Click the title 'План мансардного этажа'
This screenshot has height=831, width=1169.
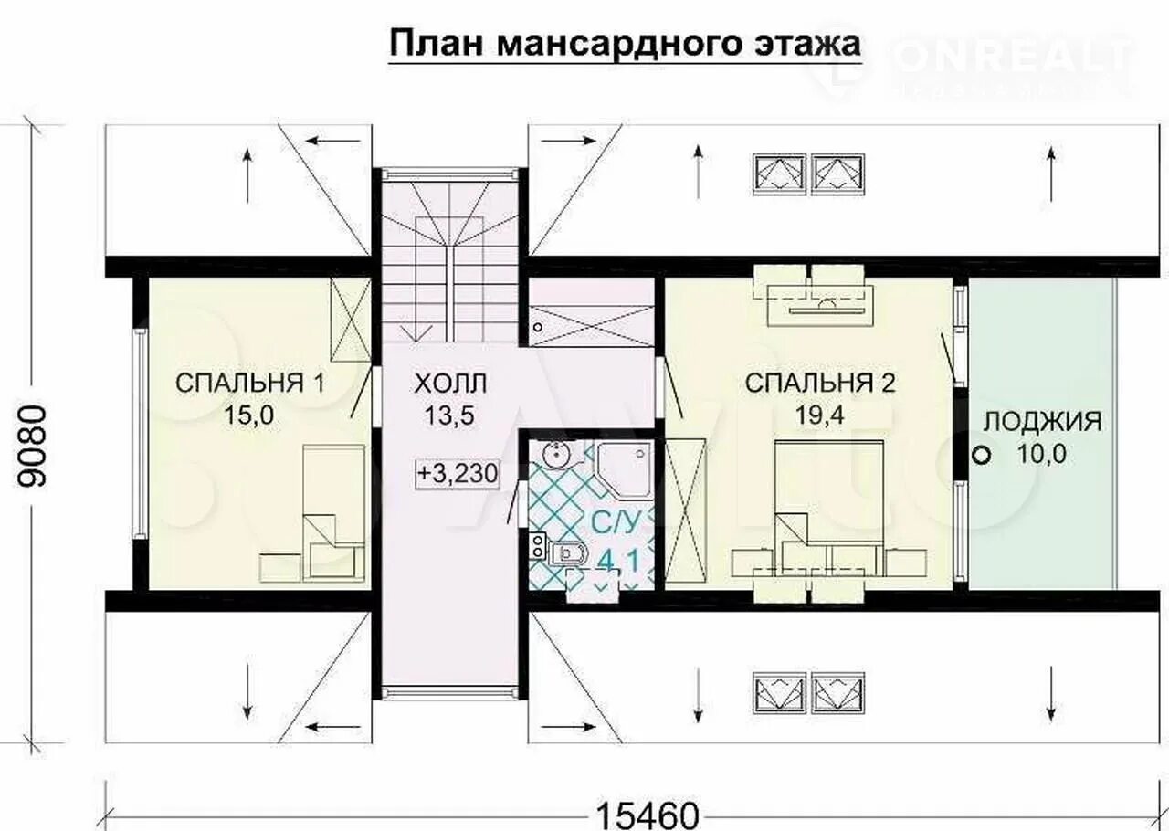pos(625,43)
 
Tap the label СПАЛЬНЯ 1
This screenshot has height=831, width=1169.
pos(249,383)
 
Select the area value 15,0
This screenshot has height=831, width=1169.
pos(249,415)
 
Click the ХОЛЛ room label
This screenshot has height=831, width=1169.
pos(449,383)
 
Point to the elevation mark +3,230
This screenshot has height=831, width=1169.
pos(456,475)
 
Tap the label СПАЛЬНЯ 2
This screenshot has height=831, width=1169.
pos(820,383)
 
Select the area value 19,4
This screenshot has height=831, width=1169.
pos(819,415)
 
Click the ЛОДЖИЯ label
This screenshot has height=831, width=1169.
pos(1042,422)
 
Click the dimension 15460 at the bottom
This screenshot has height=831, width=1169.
pos(648,813)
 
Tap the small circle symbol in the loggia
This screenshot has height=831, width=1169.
pos(982,453)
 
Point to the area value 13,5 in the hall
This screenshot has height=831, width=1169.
pos(449,415)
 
